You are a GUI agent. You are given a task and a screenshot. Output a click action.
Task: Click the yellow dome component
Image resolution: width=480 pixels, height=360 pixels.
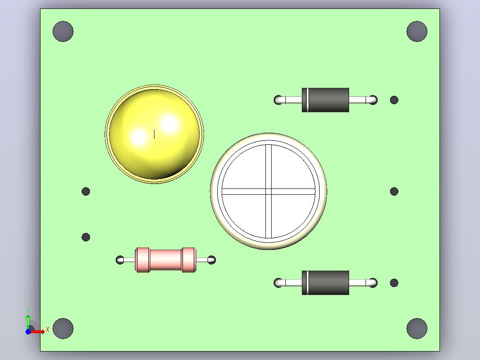tap(154, 134)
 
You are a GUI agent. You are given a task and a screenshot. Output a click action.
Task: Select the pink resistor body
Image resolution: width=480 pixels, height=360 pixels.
tap(166, 260)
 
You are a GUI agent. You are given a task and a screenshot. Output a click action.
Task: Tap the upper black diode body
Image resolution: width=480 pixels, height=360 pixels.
tap(325, 100)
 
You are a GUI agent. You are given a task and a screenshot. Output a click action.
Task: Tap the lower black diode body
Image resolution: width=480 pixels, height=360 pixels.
tap(325, 282)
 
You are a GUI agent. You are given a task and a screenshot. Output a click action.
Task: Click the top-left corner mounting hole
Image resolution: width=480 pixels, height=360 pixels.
tap(63, 31)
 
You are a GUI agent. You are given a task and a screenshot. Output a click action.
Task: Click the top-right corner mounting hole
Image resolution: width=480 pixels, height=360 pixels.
tap(417, 31)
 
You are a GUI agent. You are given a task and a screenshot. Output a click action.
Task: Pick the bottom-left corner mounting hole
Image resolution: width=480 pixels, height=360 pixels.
tap(63, 328)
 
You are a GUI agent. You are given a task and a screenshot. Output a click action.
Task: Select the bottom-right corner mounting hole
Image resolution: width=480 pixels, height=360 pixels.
tap(417, 328)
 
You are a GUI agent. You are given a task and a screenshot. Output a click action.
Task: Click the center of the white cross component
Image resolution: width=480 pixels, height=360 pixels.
tap(268, 192)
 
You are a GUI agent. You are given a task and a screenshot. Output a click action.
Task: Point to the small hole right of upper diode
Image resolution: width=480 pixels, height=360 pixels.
tap(395, 100)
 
